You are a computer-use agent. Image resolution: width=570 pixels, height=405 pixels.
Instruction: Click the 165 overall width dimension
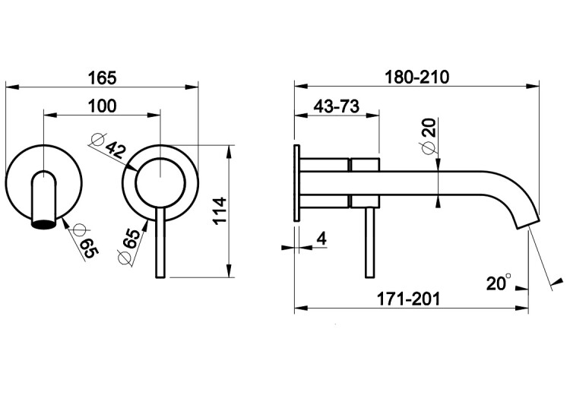coord(103,78)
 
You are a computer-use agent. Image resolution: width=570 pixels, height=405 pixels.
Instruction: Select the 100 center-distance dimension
coord(103,106)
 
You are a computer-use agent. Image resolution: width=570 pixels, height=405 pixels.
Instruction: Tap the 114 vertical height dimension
coord(220,211)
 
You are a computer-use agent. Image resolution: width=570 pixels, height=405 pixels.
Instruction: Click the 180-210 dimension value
coord(417,77)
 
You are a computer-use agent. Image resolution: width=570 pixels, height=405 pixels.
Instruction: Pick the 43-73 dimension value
coord(336,106)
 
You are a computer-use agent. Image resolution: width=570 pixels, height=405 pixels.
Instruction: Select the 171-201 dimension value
coord(408,299)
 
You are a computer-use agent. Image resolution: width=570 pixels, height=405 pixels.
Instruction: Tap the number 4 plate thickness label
coord(321,239)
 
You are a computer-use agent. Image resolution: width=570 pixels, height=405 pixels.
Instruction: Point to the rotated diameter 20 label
coord(429,135)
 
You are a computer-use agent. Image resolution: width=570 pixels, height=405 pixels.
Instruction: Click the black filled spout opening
coord(43,224)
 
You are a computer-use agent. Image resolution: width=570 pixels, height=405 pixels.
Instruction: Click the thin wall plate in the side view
coord(296,182)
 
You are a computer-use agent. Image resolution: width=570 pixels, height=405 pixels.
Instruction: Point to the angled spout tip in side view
coord(527,221)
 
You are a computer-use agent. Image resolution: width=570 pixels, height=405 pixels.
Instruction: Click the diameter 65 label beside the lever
coord(130,246)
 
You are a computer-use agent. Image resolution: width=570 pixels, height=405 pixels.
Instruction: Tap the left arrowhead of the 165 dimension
coord(11,87)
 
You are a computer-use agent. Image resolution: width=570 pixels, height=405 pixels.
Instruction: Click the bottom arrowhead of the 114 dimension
coord(229,271)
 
